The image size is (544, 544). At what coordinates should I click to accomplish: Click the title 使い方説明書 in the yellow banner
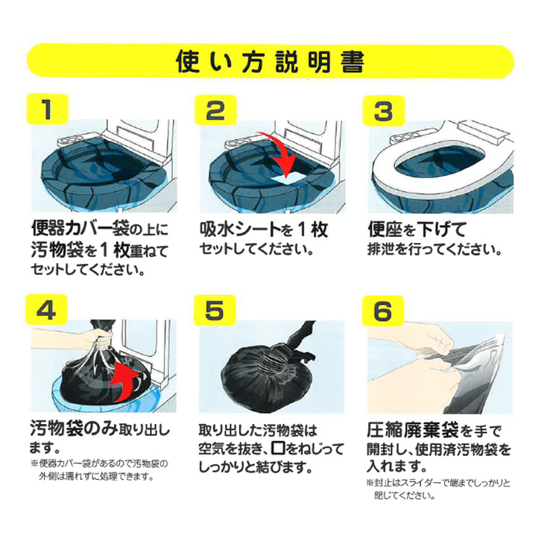271,61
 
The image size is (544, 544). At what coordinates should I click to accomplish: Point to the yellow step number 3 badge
383,110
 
